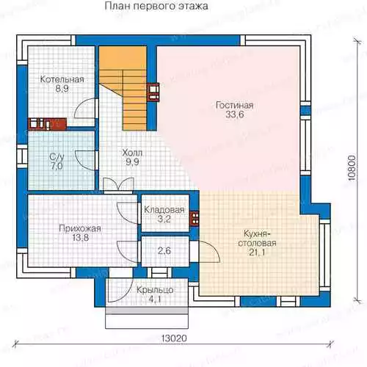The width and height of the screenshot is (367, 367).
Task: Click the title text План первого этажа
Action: coord(156,6)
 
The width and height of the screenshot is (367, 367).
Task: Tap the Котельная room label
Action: coord(62,79)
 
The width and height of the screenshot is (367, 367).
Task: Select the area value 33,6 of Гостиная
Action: coord(235,115)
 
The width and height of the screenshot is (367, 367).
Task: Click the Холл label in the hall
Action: coord(132,153)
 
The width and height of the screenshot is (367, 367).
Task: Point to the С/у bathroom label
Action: coord(57,156)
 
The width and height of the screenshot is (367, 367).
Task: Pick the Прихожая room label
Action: coord(80,228)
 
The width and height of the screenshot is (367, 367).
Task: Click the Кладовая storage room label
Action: coord(164,210)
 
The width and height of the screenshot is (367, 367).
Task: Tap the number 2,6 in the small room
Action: coord(164,250)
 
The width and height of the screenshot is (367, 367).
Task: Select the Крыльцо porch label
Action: coord(155,290)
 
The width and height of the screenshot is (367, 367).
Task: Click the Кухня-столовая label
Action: coord(257,239)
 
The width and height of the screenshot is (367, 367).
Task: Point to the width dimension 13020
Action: coord(174,338)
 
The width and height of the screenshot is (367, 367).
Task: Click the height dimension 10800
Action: coord(352,168)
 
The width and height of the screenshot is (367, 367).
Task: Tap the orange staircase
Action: coord(123,88)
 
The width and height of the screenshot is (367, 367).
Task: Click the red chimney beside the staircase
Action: coord(153,92)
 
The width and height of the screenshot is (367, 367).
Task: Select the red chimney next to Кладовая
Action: coord(195,218)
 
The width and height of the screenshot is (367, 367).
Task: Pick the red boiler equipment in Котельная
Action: coord(48,124)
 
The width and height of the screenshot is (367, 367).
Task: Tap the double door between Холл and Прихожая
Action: coord(119,184)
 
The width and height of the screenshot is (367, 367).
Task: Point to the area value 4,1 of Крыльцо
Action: coord(154,299)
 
